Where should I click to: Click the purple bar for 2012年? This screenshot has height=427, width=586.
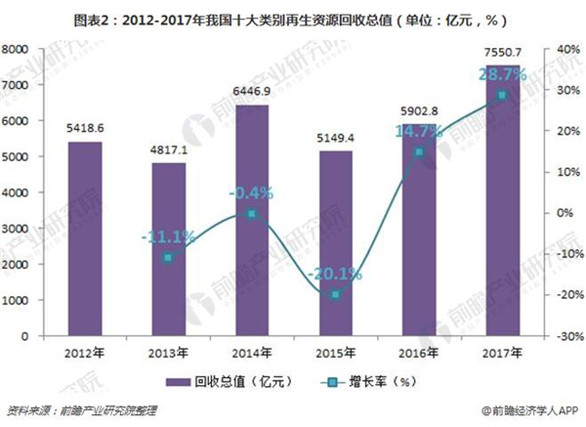[83, 239]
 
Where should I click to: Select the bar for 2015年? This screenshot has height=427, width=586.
[335, 244]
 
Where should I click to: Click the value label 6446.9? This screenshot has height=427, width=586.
[251, 90]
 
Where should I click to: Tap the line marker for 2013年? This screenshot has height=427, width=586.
[168, 257]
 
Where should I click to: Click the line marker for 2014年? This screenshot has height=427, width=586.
[251, 213]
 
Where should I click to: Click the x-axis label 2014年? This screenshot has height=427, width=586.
[251, 351]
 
